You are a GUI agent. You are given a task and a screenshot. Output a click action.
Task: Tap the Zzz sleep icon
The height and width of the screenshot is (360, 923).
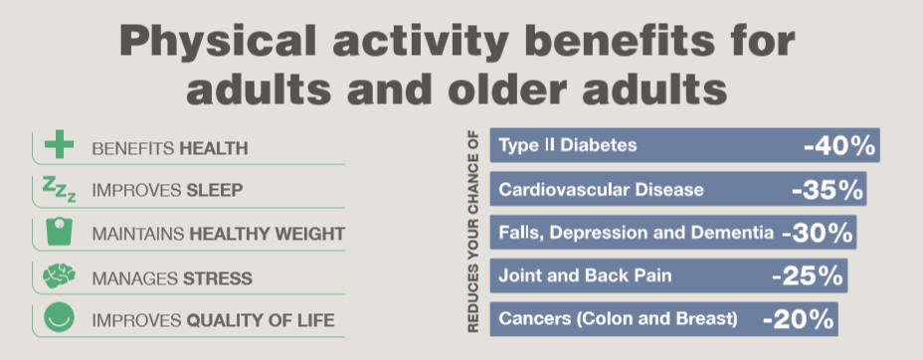[59, 189]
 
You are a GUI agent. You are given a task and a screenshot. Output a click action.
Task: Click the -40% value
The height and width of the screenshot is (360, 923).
[838, 146]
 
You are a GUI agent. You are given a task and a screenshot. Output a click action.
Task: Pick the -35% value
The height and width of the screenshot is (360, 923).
[827, 189]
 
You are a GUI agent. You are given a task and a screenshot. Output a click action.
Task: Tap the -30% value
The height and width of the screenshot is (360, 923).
[817, 233]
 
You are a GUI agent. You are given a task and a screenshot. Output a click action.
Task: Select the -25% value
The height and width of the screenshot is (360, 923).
[809, 275]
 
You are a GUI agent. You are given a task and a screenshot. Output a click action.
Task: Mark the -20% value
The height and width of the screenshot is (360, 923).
[798, 319]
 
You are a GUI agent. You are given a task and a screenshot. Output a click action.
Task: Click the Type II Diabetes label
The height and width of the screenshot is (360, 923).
[567, 147]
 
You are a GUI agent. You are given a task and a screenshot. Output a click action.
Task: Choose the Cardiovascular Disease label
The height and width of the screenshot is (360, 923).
[601, 190]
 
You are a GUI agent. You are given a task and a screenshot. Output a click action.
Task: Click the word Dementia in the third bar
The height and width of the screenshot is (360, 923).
[735, 233]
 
